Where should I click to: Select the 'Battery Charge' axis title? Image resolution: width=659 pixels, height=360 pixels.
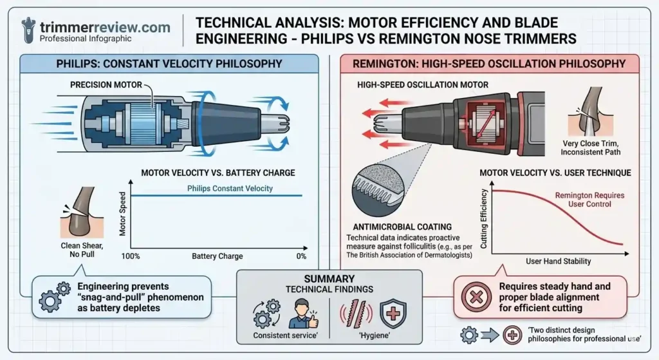click(x=218, y=256)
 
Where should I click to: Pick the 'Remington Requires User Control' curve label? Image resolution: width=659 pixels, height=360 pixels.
click(x=589, y=200)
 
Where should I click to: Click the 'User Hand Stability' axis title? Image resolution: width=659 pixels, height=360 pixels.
click(x=559, y=261)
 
